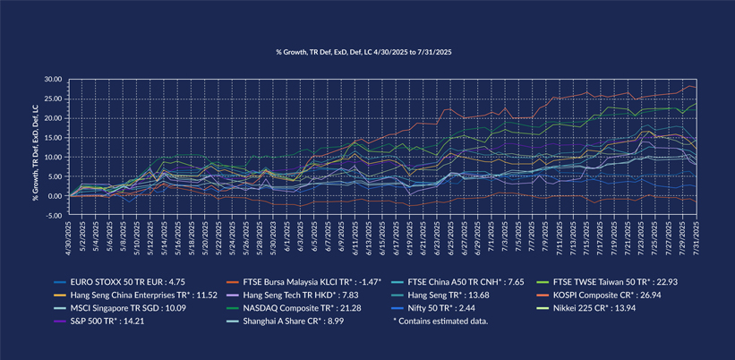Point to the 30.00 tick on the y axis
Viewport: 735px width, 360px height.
click(x=53, y=80)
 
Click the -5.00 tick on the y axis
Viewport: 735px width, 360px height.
click(x=53, y=216)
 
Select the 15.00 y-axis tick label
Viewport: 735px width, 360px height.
click(x=53, y=138)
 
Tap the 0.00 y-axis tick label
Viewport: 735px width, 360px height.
click(x=55, y=196)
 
